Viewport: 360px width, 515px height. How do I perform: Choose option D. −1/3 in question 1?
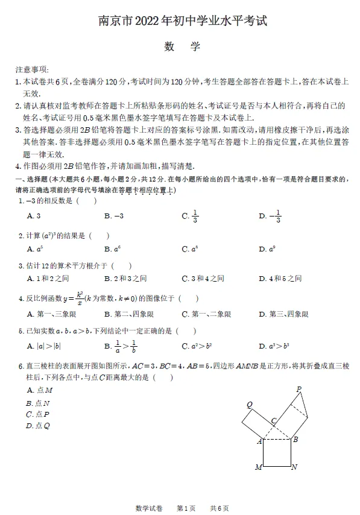click(x=270, y=216)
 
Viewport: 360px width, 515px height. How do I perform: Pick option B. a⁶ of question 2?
click(x=111, y=249)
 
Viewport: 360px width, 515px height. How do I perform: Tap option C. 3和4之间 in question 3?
click(x=203, y=279)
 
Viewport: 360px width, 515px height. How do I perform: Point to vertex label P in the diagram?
click(x=299, y=389)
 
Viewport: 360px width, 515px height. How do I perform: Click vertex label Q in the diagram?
click(x=249, y=405)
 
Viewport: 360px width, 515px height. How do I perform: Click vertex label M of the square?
click(x=258, y=467)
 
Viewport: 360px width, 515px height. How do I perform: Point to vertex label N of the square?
click(x=294, y=467)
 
